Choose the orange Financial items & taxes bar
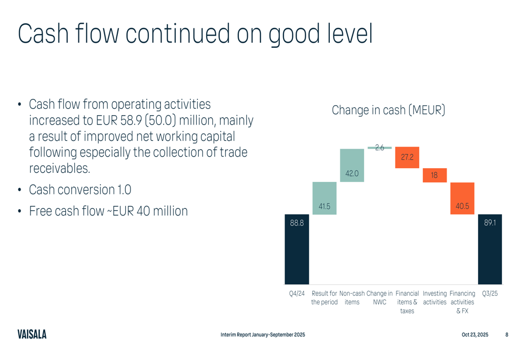407,157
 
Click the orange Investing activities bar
434,175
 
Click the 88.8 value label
297,223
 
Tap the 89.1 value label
490,223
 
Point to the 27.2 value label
407,157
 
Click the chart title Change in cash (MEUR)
388,110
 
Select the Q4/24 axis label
297,294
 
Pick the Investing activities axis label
434,298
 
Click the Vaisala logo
32,334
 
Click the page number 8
507,335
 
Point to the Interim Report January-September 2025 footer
262,335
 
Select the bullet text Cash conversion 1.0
80,189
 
